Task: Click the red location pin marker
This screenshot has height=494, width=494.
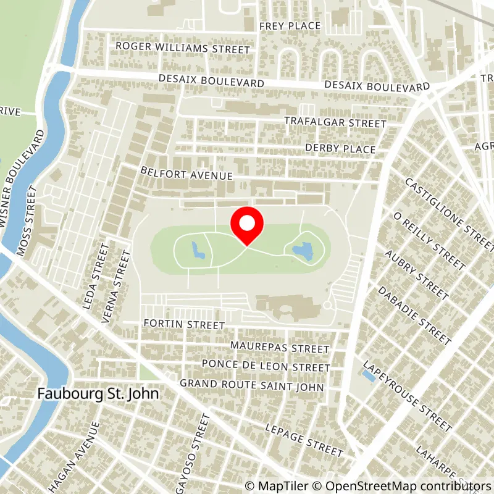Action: point(247,225)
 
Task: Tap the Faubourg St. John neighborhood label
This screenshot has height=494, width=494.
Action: point(98,393)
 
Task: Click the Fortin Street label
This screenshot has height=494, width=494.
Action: point(183,324)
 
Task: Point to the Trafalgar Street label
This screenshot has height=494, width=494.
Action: point(335,123)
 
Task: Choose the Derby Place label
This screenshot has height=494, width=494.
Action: point(340,149)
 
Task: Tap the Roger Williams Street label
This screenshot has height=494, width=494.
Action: point(183,48)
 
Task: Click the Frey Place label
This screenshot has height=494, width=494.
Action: point(290,26)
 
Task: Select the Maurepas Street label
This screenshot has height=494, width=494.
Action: point(280,348)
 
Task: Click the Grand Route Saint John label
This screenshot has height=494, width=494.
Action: point(251,385)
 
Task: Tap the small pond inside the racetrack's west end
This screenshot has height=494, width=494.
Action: point(198,250)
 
